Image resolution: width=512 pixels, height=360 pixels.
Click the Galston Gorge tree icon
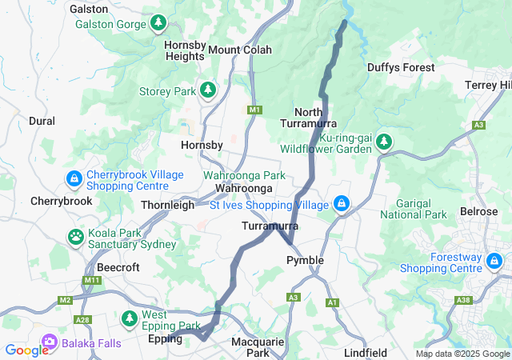click(158, 23)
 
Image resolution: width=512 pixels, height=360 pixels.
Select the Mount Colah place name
click(240, 50)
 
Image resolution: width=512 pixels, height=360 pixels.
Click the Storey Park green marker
click(208, 90)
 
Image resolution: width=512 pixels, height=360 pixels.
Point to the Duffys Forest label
click(401, 68)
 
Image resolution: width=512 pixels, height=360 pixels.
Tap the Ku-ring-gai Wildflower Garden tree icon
click(385, 142)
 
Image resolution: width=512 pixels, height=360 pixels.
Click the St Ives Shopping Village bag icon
click(342, 204)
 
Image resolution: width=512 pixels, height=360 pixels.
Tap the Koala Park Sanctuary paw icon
click(75, 237)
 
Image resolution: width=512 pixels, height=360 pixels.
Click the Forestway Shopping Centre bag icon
click(497, 261)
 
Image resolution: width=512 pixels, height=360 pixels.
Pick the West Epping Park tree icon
click(129, 319)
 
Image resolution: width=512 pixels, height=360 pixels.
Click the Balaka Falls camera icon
click(48, 342)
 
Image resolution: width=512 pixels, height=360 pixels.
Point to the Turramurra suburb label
click(270, 226)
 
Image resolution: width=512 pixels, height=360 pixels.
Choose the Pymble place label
click(306, 260)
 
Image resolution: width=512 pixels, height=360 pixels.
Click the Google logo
click(26, 350)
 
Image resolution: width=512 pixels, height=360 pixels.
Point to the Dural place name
click(42, 121)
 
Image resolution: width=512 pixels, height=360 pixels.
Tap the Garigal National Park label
click(413, 209)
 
